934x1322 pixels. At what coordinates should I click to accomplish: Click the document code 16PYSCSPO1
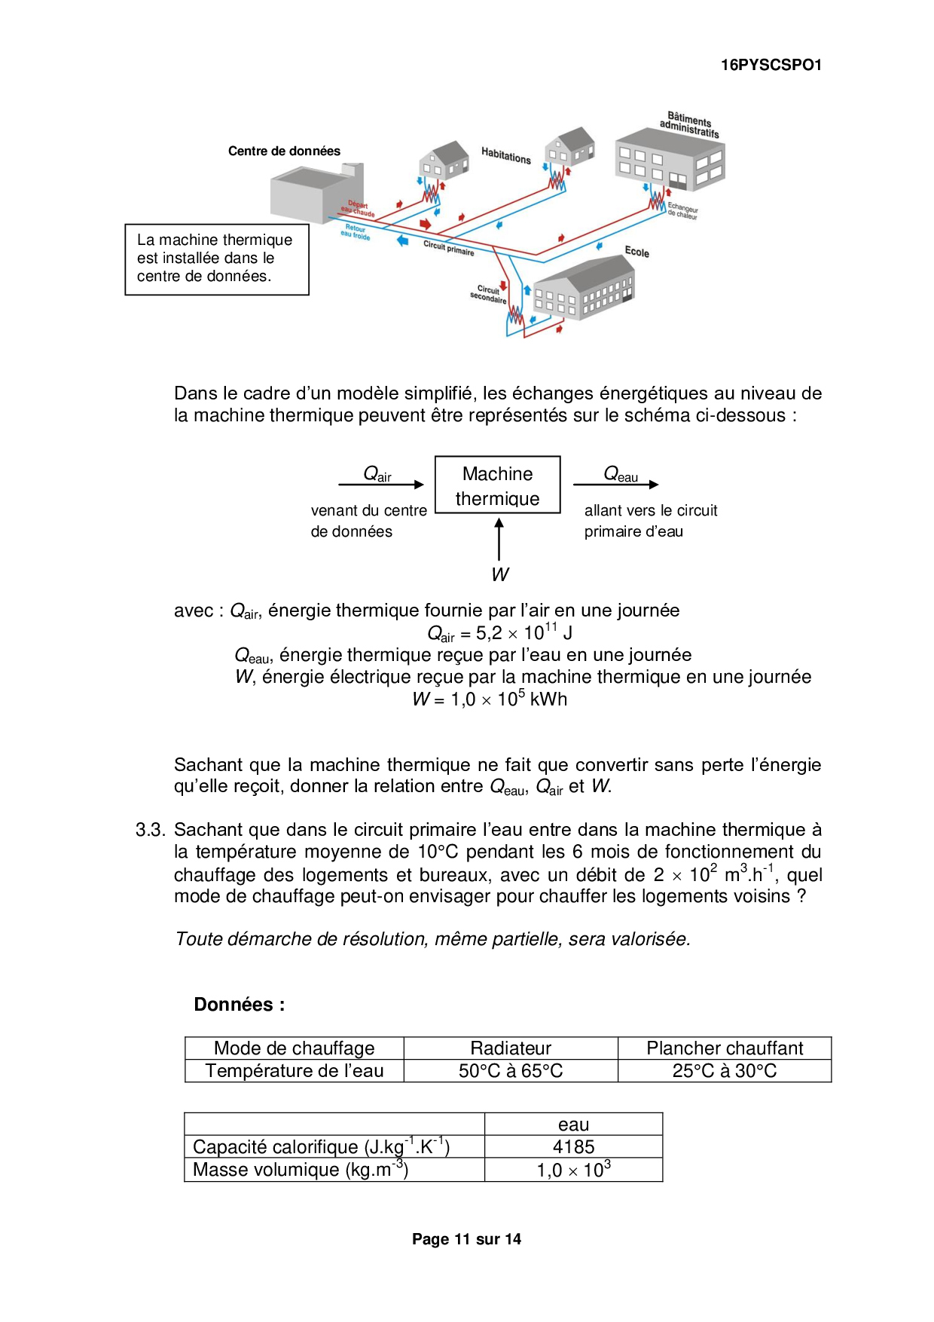(771, 65)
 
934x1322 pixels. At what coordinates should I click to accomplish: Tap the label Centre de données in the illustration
(284, 151)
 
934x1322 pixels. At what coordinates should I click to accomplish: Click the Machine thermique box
(497, 485)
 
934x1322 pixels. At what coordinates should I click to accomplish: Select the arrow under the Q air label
(381, 485)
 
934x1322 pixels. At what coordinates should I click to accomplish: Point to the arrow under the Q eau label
(615, 485)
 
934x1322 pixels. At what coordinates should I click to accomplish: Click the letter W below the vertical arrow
(499, 574)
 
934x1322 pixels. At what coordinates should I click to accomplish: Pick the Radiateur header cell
(511, 1048)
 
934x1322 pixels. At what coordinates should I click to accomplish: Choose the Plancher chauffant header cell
(725, 1048)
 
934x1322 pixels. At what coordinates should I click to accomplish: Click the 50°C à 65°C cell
(511, 1071)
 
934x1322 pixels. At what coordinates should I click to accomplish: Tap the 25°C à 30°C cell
(725, 1071)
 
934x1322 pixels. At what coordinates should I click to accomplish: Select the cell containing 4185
(573, 1146)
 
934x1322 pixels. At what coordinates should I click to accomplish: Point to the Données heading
(240, 1005)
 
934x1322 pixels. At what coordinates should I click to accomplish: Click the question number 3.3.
(150, 830)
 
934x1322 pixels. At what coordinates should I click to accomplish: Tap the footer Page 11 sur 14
(466, 1239)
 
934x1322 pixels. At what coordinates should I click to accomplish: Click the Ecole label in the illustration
(636, 252)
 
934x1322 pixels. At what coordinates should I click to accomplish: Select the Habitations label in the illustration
(506, 156)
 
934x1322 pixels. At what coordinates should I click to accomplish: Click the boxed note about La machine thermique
(217, 259)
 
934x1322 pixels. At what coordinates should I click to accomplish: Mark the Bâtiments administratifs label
(689, 125)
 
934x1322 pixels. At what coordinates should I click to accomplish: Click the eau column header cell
(573, 1125)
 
